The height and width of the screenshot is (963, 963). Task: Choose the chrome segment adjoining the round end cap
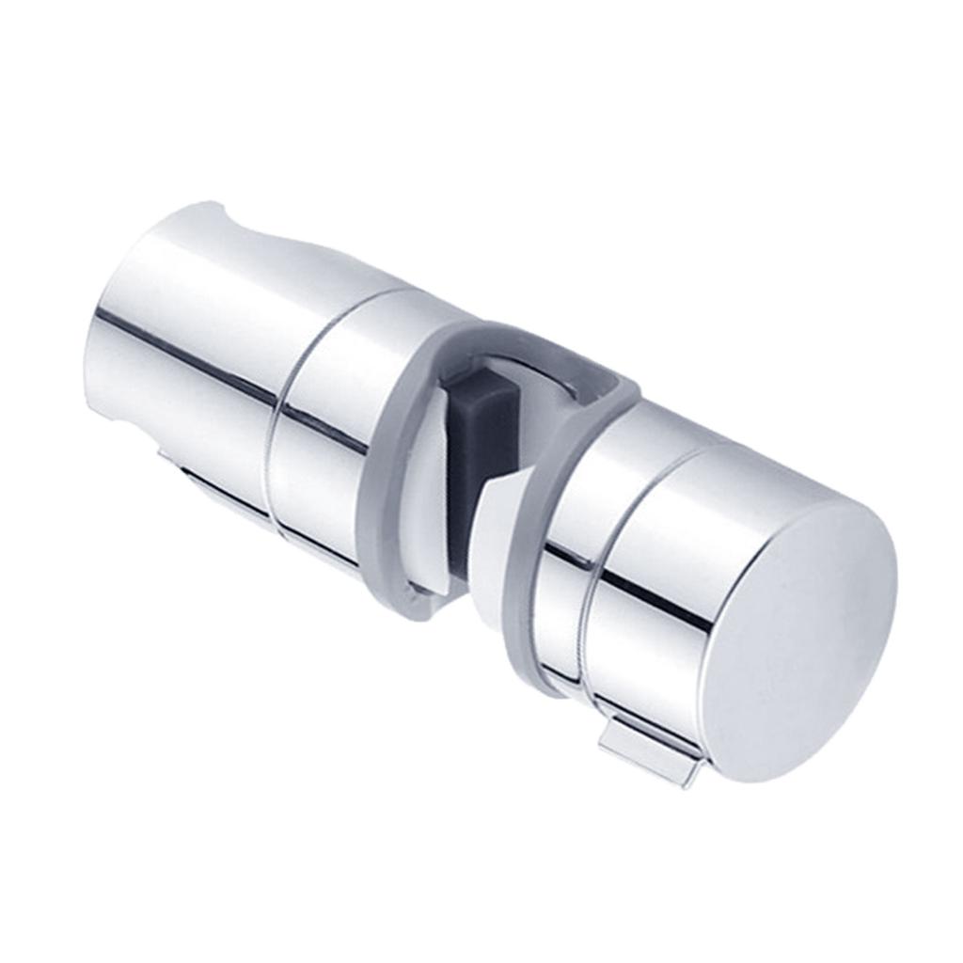click(668, 602)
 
